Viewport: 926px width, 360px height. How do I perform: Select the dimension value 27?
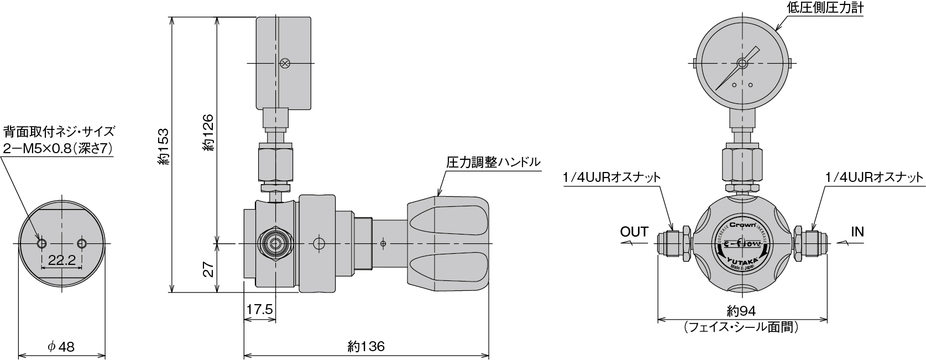tap(208, 269)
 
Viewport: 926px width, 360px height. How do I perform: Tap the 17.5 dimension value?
tap(259, 310)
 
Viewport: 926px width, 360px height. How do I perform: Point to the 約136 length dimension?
tap(366, 347)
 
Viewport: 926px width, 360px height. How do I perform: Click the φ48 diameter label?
tap(61, 347)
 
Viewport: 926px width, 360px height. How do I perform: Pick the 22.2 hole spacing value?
tap(61, 261)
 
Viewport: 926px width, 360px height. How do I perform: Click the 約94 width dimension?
tap(741, 311)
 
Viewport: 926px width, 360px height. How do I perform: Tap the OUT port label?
tap(634, 232)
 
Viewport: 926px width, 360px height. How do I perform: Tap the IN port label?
tap(857, 232)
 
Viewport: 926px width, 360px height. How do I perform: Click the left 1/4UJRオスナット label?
tap(611, 178)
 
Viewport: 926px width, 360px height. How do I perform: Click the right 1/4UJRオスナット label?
tap(874, 178)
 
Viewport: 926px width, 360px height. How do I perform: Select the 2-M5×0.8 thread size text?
tap(58, 149)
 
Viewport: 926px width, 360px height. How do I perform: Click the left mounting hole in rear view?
tap(41, 243)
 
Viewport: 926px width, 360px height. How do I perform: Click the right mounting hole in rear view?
tap(82, 243)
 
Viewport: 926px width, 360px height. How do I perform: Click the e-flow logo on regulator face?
tap(741, 244)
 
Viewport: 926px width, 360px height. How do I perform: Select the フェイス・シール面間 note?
tap(741, 327)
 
